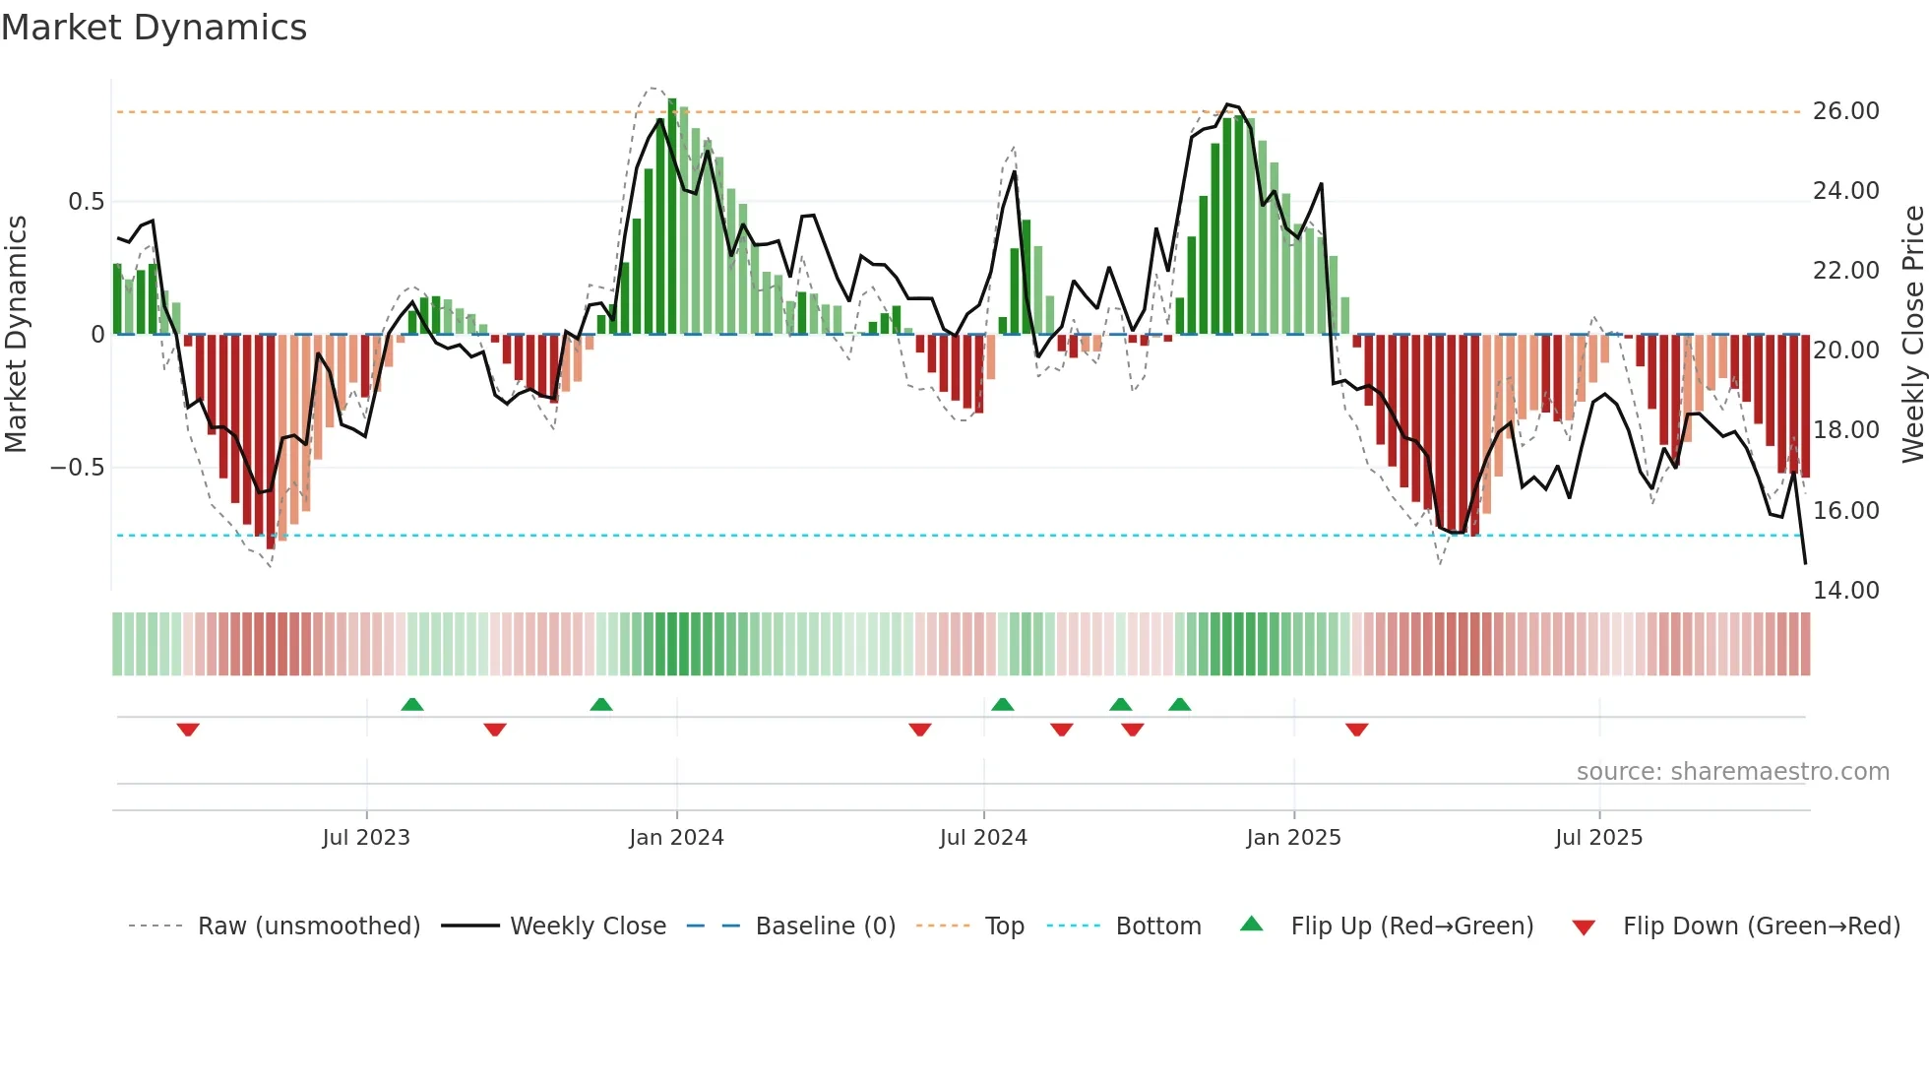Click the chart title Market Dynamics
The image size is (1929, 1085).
(x=154, y=28)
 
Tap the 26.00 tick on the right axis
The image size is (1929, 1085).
(x=1845, y=111)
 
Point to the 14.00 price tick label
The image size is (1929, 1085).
(x=1845, y=590)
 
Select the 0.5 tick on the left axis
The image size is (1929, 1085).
(x=86, y=202)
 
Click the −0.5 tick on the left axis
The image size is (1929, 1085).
(x=78, y=468)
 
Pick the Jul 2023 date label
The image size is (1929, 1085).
(x=366, y=838)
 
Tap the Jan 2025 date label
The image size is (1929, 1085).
(x=1293, y=838)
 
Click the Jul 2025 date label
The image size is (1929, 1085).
(x=1599, y=838)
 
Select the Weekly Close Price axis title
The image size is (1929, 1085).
(x=1912, y=334)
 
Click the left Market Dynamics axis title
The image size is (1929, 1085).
(x=16, y=334)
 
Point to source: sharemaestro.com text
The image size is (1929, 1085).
(x=1732, y=772)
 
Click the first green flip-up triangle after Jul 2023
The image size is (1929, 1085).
(x=412, y=704)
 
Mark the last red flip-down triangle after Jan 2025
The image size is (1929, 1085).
(x=1357, y=730)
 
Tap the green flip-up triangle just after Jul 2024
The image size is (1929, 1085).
(x=1002, y=704)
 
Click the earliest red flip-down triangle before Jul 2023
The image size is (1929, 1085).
(x=188, y=730)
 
